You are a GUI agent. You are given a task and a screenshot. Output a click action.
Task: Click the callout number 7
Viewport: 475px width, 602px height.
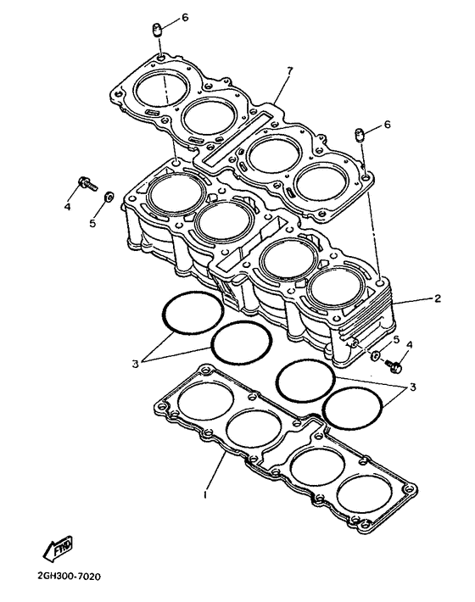(x=290, y=70)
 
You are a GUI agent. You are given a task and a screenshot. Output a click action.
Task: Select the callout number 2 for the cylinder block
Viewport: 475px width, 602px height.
(x=438, y=298)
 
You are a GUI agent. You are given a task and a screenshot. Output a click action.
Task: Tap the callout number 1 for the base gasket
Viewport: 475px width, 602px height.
(x=206, y=494)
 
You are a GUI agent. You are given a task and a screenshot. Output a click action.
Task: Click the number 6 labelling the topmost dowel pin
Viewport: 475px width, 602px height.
(x=185, y=18)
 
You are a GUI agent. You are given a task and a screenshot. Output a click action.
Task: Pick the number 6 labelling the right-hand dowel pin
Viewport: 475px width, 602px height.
(x=387, y=125)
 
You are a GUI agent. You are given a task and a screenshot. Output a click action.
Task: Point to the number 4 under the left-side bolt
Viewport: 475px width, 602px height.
(x=68, y=207)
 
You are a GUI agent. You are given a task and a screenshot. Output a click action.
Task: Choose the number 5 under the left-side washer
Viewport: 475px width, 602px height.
(x=92, y=223)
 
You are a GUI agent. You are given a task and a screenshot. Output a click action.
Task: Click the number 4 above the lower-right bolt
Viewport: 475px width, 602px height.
(x=410, y=345)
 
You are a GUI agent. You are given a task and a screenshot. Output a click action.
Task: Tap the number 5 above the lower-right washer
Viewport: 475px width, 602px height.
(x=397, y=339)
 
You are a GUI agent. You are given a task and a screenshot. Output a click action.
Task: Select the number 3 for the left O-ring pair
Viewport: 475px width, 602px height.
(x=135, y=364)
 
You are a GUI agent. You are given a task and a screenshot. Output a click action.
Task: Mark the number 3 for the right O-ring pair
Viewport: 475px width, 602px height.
(x=413, y=387)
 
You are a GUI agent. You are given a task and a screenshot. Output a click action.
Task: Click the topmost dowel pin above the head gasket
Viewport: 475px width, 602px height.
(x=157, y=30)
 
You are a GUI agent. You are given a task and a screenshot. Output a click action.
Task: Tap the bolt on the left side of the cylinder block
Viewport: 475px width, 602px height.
(x=87, y=183)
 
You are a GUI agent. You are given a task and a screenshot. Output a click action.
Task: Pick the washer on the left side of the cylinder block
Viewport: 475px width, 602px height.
(x=108, y=196)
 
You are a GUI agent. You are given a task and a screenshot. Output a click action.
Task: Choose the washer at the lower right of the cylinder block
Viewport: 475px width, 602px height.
(x=374, y=355)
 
